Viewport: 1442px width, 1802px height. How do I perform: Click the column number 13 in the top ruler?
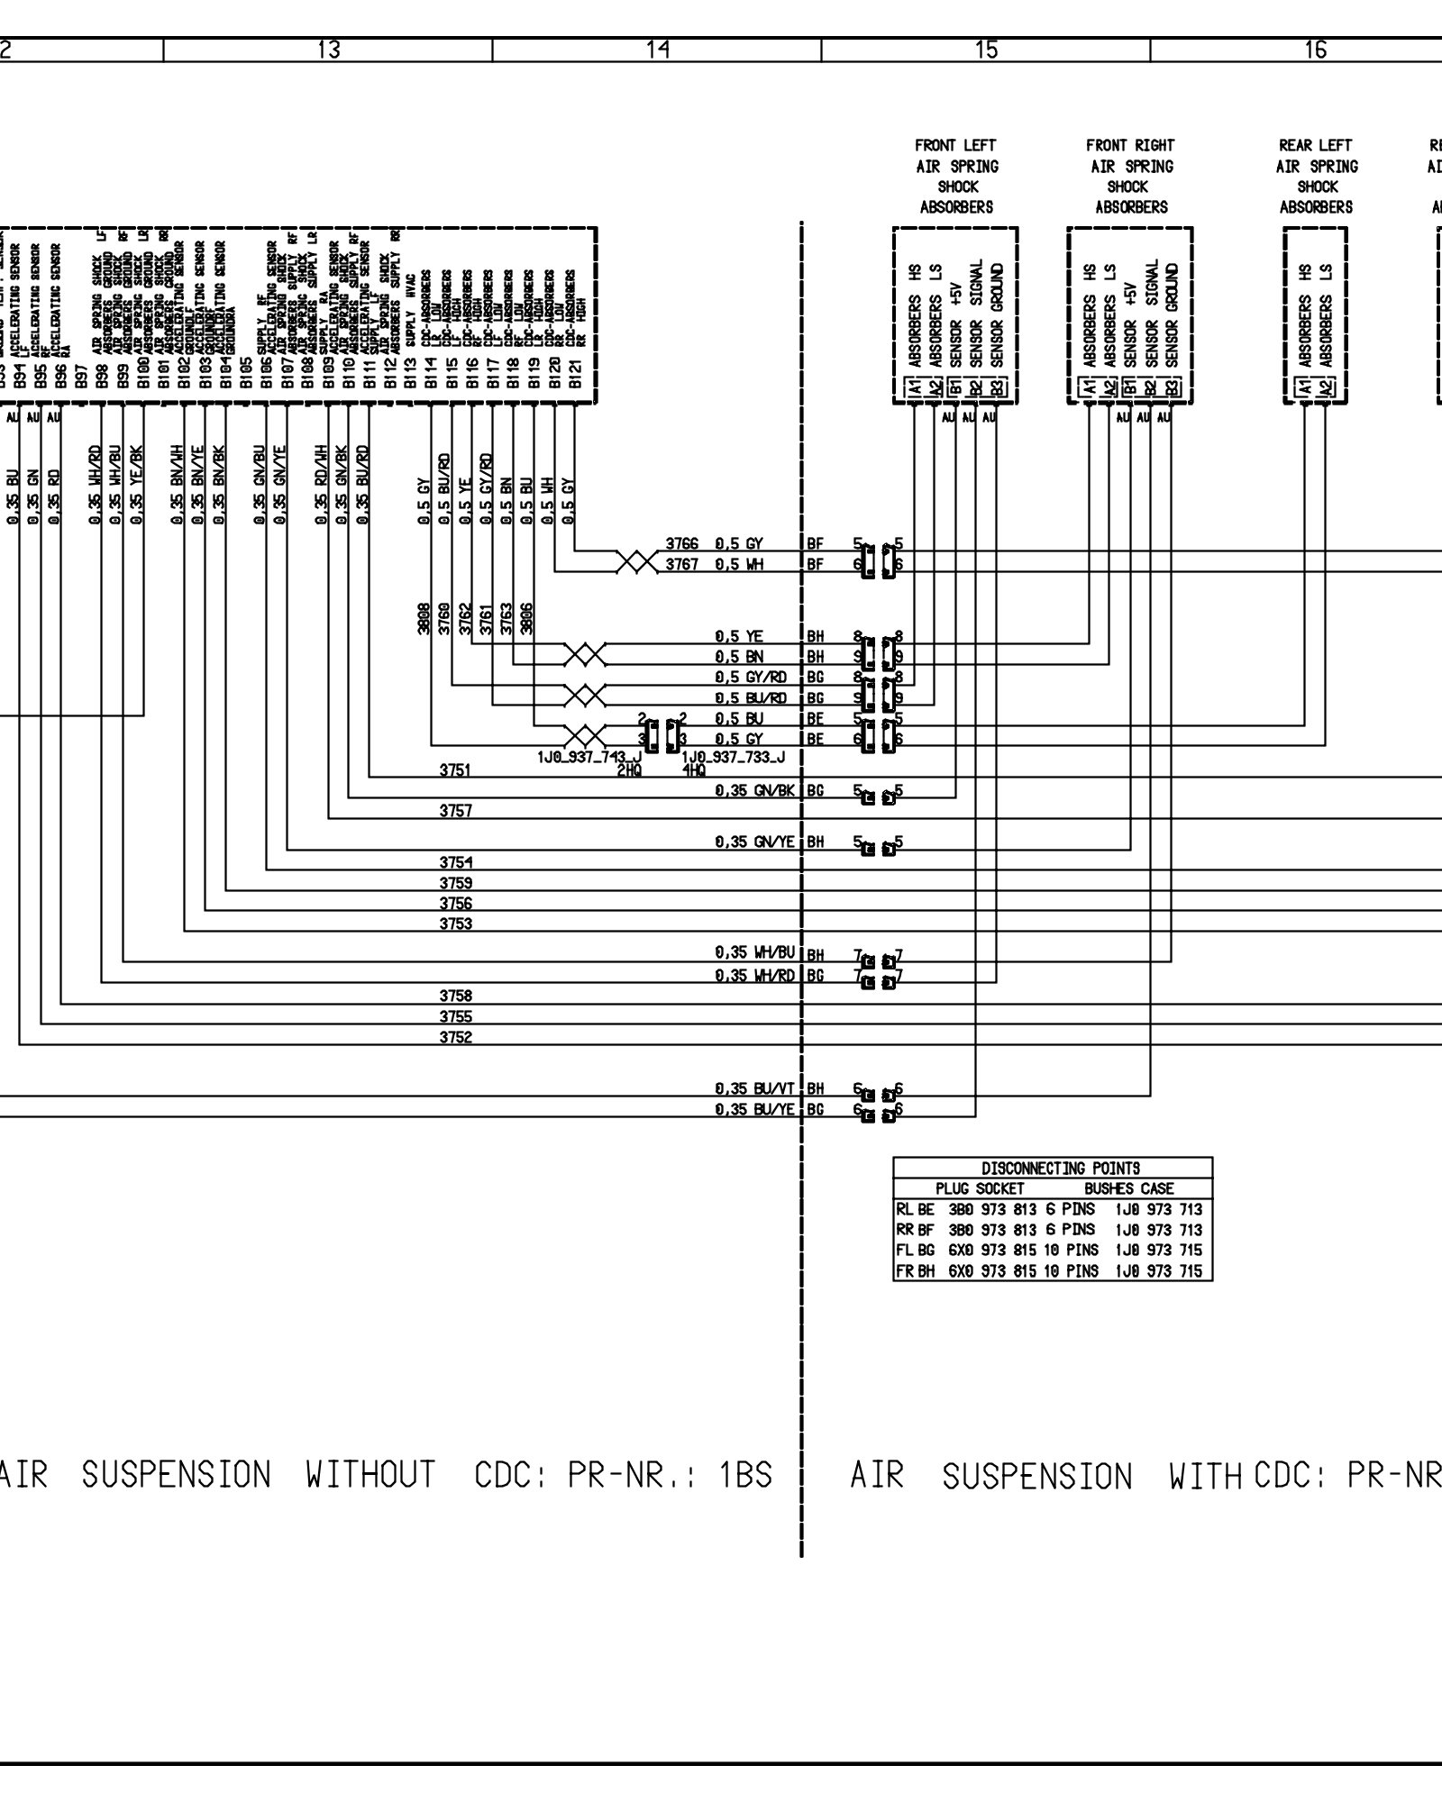click(329, 50)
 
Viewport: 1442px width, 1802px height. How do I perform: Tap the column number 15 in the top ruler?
click(987, 50)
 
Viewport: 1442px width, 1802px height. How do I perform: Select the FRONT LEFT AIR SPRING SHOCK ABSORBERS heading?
click(956, 176)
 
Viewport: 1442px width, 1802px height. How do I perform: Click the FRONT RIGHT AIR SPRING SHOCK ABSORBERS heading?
click(1130, 176)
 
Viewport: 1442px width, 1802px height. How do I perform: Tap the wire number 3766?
click(682, 543)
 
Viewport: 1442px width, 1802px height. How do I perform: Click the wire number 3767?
click(682, 565)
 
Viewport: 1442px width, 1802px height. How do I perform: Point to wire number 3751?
click(455, 770)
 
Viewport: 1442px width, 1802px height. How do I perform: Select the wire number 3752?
click(455, 1037)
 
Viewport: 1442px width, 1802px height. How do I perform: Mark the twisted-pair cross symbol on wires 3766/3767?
click(637, 562)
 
